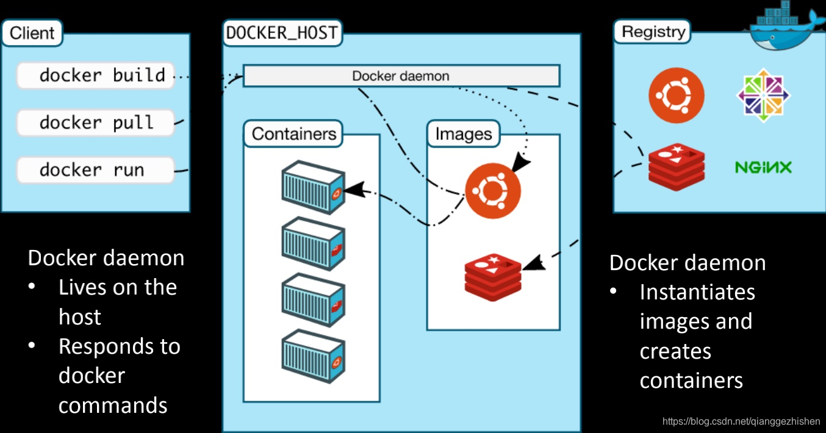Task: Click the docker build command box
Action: pos(96,76)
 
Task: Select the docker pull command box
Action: pos(96,123)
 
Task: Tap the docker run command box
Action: pos(96,170)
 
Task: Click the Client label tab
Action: pos(32,33)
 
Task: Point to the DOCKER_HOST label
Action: pos(282,33)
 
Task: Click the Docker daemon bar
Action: pos(401,76)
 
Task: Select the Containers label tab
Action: pos(293,134)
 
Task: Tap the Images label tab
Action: pos(464,134)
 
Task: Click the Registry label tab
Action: pos(653,32)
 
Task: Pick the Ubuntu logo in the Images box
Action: pos(493,191)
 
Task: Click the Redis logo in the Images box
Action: pos(493,277)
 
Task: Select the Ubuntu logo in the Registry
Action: pos(677,96)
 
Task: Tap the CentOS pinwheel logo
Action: pos(763,95)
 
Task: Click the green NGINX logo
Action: pos(763,167)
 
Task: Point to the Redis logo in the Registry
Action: pos(677,167)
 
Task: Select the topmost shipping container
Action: pos(314,187)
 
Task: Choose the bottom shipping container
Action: pos(314,356)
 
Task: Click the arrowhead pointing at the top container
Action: pos(354,190)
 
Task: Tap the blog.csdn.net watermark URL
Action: pos(741,421)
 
